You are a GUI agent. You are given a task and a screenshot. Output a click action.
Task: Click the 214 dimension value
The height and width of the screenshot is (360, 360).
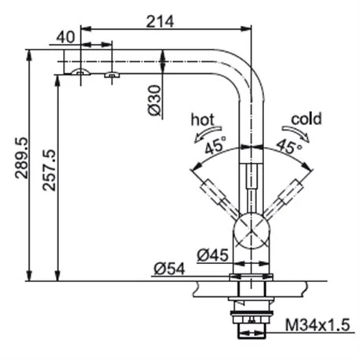tap(160, 21)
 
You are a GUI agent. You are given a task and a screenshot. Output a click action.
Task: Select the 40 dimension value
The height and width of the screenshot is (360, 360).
tap(65, 37)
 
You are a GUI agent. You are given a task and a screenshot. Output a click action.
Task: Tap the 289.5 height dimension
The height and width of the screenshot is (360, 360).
tap(21, 158)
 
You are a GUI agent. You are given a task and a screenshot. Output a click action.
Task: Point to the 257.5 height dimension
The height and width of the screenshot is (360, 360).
tap(50, 170)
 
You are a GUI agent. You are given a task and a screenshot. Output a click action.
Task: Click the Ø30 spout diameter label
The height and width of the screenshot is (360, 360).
tap(154, 100)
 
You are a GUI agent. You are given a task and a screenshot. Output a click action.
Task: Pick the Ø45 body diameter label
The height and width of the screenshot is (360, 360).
tap(213, 255)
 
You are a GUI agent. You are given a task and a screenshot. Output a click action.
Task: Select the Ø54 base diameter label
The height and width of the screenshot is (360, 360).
tap(170, 269)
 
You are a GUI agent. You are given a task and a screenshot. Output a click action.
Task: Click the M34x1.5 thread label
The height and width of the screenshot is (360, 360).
tap(318, 325)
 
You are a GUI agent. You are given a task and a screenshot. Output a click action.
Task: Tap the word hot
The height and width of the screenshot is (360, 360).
tap(202, 119)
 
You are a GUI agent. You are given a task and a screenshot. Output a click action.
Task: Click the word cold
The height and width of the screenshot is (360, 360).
tap(306, 119)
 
